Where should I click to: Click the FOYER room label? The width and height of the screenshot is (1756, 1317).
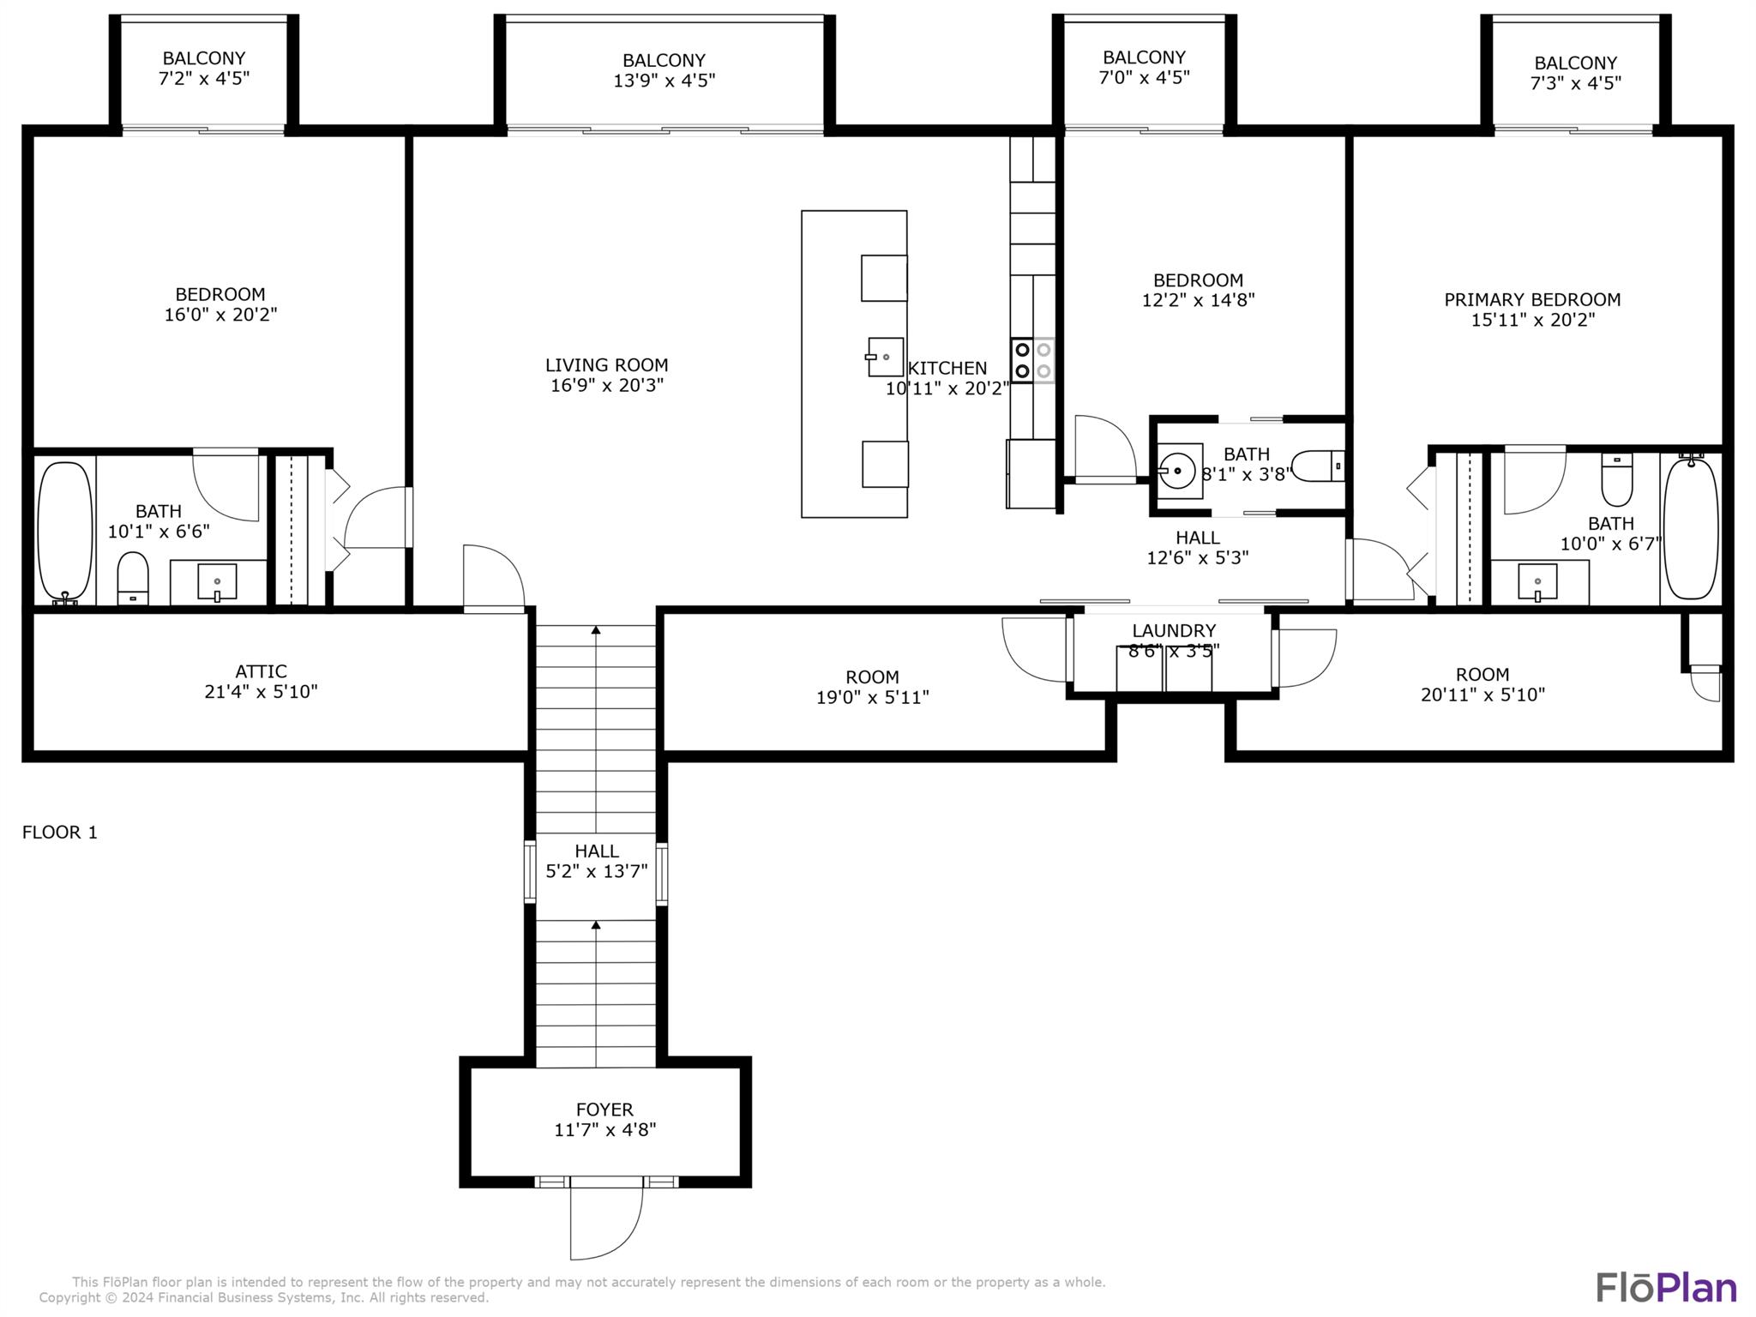pos(604,1110)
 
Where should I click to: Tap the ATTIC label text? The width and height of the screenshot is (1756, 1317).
pos(261,671)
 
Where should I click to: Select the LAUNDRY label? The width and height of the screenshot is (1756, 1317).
pos(1174,631)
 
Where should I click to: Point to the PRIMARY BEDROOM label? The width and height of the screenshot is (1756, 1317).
pos(1532,300)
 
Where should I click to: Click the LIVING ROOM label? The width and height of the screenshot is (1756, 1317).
pos(607,365)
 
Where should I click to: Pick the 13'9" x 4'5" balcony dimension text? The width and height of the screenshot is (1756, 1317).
pos(664,81)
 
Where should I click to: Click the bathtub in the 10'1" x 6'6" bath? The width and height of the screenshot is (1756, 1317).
pos(65,532)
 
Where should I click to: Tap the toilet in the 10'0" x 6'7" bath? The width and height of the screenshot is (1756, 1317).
pos(1617,480)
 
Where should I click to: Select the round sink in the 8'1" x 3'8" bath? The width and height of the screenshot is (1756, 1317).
pos(1180,470)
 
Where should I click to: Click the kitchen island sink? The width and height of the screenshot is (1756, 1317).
pos(885,357)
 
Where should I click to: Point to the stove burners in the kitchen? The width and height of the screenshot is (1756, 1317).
pos(1032,360)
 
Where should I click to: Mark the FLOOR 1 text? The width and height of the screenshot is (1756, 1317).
pos(60,833)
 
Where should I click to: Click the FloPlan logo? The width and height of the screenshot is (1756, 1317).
pos(1666,1288)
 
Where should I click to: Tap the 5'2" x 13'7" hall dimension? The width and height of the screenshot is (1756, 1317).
pos(597,872)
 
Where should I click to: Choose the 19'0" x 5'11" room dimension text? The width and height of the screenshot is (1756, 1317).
pos(872,698)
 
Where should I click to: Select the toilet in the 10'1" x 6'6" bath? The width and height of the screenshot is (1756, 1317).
pos(133,578)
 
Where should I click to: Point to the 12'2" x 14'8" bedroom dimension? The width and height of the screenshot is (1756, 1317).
pos(1198,300)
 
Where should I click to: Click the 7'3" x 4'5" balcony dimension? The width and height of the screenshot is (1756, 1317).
pos(1576,83)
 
